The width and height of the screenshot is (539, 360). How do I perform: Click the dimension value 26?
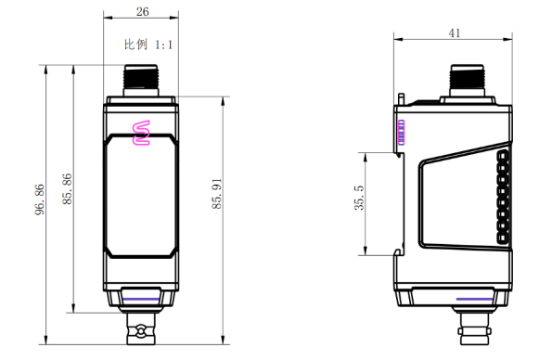point(143,12)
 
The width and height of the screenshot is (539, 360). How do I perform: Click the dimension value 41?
point(455,33)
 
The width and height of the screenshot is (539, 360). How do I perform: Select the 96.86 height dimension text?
point(40,199)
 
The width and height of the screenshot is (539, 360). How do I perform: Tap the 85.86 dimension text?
point(67,189)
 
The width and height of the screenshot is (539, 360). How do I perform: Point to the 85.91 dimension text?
point(216,194)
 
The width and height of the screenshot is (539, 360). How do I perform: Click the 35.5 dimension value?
point(359,198)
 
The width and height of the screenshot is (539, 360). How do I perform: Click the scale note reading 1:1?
point(163,45)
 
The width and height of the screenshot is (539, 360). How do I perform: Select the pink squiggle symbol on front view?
point(141,133)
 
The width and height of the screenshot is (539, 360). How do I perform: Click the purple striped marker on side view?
point(401,133)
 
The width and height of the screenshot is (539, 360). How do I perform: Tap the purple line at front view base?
point(141,299)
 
